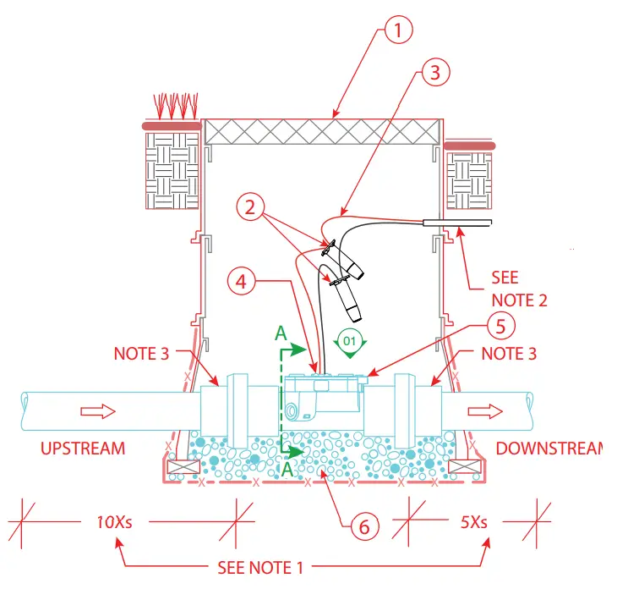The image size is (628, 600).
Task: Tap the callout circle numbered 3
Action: tap(433, 72)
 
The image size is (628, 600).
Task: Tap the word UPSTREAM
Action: tap(83, 449)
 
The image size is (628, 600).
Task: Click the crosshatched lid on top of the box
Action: tap(321, 131)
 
